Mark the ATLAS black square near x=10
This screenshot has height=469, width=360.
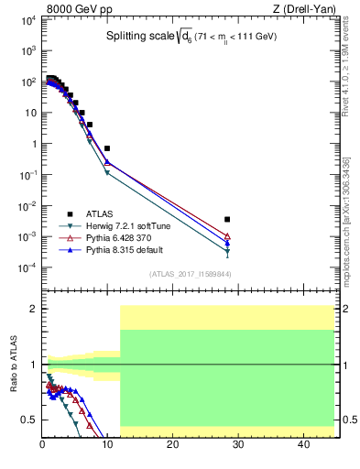pyautogui.click(x=107, y=147)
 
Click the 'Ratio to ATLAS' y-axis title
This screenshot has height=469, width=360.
pyautogui.click(x=14, y=364)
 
